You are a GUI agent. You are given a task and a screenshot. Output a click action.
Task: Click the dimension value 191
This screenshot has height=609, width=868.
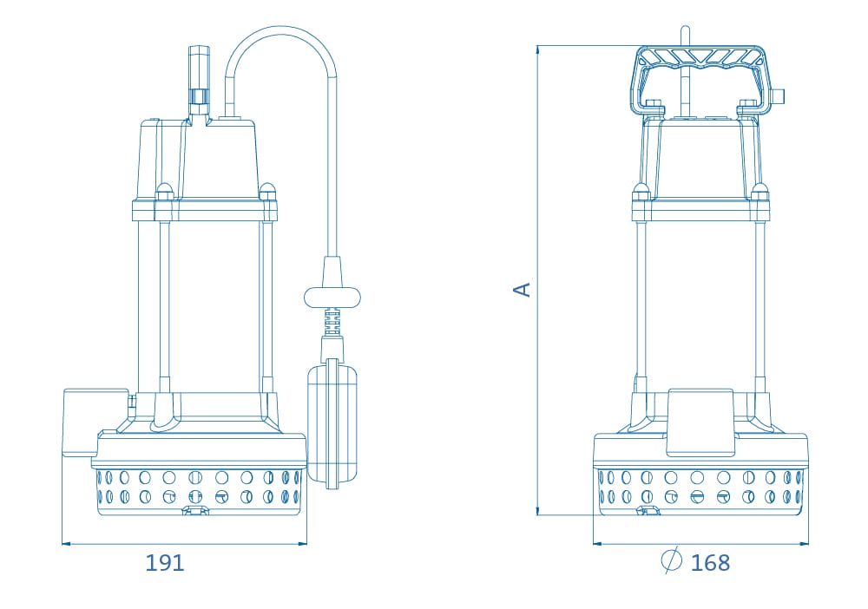pos(164,562)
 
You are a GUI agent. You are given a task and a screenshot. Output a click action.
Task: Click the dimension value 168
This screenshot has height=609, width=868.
pos(710,562)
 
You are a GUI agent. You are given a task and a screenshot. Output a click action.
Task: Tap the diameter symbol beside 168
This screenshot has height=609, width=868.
pos(671,560)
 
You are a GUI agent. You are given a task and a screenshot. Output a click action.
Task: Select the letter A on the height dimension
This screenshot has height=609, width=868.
pos(523,289)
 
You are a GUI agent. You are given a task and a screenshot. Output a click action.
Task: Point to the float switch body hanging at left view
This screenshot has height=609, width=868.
pos(332,423)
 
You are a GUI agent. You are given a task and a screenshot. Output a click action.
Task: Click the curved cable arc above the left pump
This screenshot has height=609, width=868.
pos(280,32)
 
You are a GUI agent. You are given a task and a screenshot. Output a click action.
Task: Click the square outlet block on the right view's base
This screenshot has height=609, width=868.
pos(700,422)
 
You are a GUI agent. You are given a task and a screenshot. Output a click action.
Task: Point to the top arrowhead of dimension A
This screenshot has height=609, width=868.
pos(537,50)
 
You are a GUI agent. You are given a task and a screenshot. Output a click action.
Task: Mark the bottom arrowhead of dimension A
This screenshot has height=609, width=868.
pos(537,510)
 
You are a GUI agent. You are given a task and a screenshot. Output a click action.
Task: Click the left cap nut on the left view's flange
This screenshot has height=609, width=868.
pos(164,191)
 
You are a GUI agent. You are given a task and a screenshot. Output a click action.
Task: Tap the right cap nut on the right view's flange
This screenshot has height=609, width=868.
pos(759,192)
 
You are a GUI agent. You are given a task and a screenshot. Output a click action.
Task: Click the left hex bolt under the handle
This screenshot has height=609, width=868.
pos(654,105)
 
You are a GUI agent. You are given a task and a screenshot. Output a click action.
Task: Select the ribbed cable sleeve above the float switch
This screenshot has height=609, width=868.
pos(332,321)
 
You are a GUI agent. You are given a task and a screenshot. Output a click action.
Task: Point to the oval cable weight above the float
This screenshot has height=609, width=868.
pos(332,297)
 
